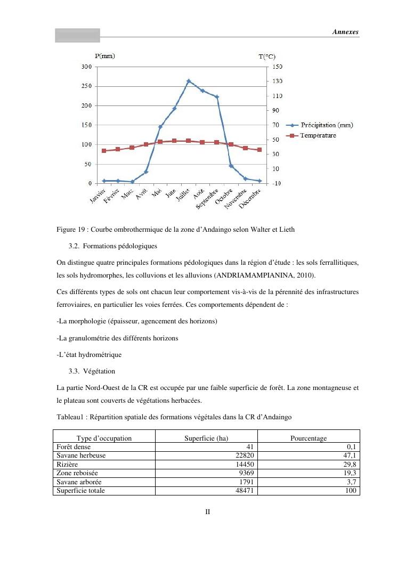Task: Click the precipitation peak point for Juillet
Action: [189, 81]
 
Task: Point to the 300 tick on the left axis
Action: [86, 67]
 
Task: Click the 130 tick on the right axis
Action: [278, 82]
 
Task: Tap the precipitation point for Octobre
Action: [231, 166]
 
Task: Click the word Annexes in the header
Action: [345, 32]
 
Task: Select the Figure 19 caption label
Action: [72, 230]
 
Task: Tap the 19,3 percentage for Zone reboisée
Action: [351, 473]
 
